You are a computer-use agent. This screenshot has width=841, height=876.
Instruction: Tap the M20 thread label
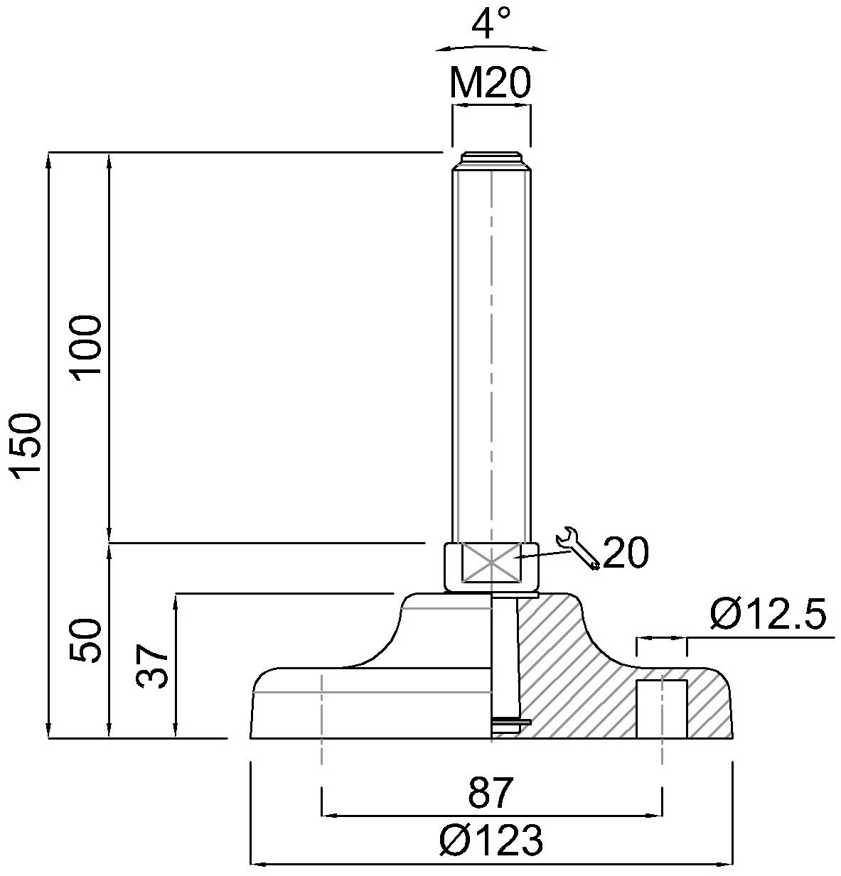point(491,83)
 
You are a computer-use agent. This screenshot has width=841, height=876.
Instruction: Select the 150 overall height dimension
point(27,447)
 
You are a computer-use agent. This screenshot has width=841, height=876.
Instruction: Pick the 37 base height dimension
point(152,666)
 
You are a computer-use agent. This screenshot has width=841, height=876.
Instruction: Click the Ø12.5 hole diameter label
point(768,614)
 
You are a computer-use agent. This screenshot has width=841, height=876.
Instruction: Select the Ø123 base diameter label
point(491,840)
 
